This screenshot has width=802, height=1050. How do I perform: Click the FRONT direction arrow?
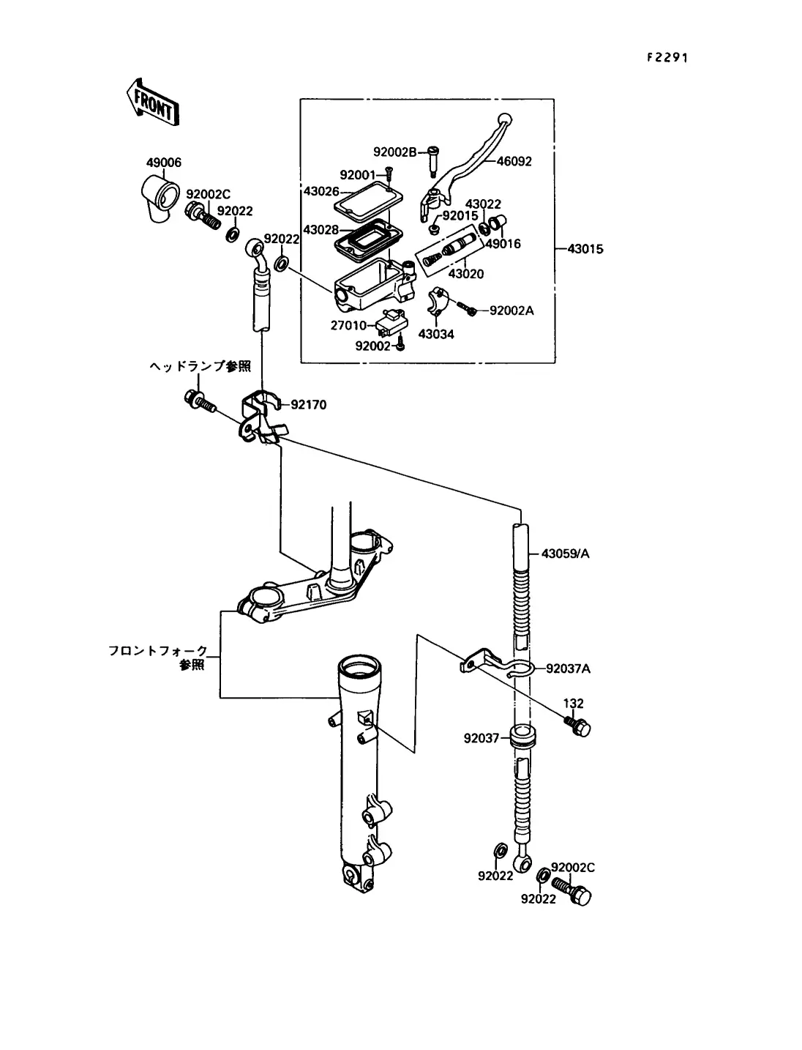(152, 103)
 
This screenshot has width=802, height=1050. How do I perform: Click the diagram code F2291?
(667, 58)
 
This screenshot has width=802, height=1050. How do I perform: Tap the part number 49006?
(164, 163)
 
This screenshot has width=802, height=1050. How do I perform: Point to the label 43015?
(585, 249)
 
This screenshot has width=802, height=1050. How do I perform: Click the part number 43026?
(321, 191)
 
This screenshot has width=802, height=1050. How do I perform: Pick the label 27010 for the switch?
(348, 326)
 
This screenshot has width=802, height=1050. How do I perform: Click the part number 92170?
(309, 405)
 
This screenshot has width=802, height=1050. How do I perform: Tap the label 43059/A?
(566, 554)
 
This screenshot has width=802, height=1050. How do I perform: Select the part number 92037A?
(569, 669)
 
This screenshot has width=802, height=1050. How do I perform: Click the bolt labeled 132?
(577, 726)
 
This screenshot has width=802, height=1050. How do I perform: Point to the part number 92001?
(358, 175)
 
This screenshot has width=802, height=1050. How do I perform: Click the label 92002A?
(512, 311)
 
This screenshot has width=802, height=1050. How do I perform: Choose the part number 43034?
(436, 335)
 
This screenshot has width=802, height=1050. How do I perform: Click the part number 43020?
(466, 274)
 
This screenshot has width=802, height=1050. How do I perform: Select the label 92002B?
(395, 152)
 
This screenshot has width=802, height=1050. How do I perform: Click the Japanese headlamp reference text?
(200, 366)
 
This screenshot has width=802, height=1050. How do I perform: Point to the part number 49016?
(503, 244)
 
